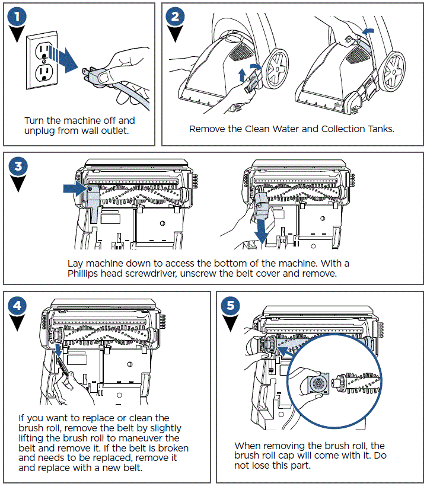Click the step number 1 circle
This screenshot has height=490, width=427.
(20, 17)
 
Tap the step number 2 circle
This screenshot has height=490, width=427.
(175, 17)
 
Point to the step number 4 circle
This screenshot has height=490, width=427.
(19, 306)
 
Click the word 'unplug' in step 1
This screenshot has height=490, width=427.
(41, 130)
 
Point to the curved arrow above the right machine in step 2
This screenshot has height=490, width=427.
(368, 30)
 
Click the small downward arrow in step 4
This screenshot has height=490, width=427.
(57, 353)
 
